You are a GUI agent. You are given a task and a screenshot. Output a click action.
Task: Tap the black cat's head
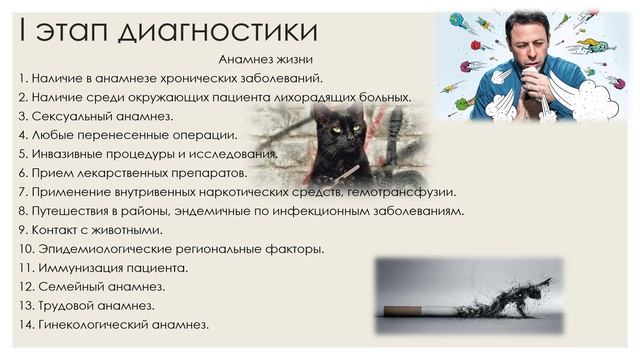(x=344, y=136)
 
